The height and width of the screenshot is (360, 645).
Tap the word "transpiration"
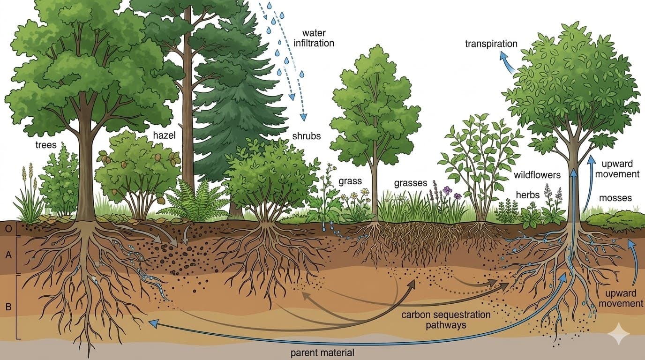[491, 44]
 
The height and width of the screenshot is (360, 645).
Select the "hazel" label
[164, 135]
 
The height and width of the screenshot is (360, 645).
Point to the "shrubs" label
[307, 136]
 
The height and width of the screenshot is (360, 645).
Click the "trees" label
[46, 145]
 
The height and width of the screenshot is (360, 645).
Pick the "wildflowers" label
[537, 175]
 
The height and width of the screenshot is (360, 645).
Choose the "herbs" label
[528, 195]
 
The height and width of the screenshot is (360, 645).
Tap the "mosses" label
[615, 198]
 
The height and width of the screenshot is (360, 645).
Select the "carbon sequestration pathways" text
[446, 319]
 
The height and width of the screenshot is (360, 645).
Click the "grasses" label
[411, 183]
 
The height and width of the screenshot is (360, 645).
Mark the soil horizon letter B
[8, 307]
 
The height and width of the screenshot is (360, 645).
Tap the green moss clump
[614, 219]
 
